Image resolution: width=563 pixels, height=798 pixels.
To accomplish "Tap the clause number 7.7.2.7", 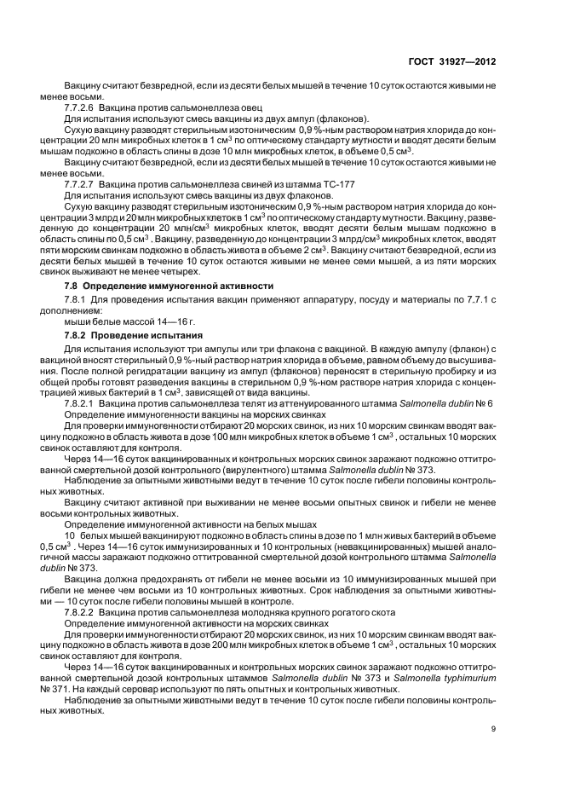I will point(79,184).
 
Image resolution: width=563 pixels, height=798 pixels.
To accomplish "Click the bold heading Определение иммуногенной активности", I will point(177,285).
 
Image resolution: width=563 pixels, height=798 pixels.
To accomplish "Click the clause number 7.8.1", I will point(76,300).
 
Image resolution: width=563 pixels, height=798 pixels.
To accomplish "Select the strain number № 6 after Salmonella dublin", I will point(485,402).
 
